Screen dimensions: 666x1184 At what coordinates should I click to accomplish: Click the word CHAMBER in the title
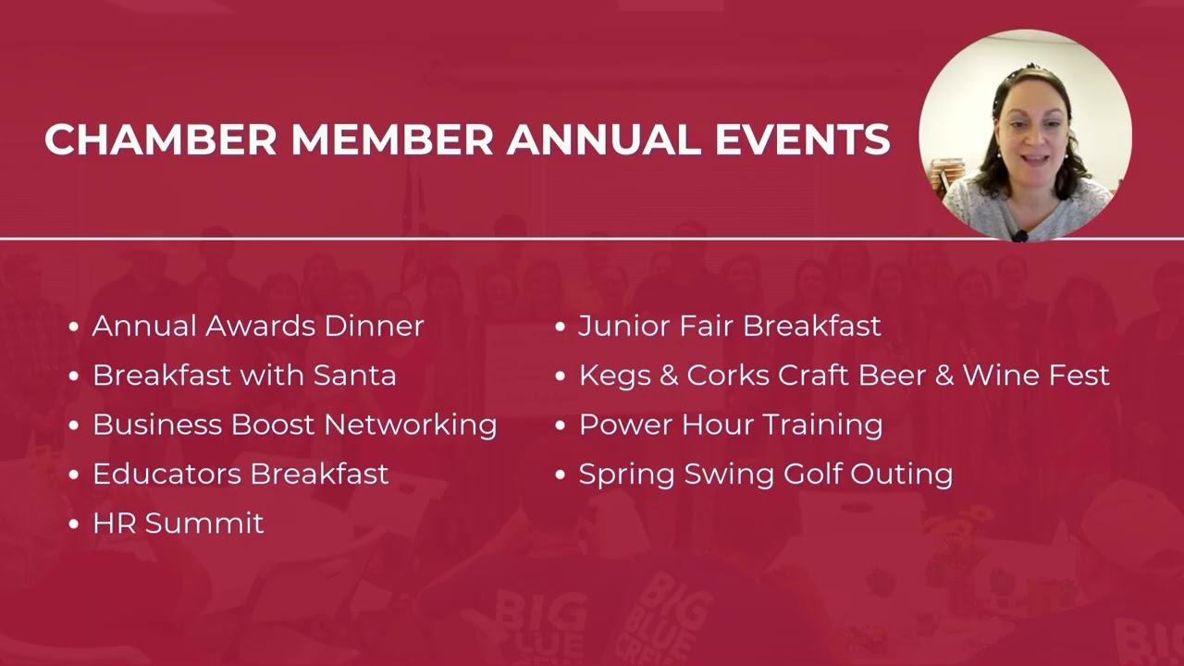pos(161,140)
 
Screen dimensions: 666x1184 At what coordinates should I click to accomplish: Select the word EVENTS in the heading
pos(802,140)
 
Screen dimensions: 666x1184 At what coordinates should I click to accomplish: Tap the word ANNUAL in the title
pos(604,140)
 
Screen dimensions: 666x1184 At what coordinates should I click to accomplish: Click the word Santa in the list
pos(354,376)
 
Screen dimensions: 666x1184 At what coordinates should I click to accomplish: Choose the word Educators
pos(166,474)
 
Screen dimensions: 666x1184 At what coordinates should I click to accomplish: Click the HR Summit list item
pos(178,524)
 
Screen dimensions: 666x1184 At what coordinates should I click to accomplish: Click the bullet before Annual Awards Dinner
pos(74,327)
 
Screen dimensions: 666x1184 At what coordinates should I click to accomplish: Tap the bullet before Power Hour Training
pos(560,425)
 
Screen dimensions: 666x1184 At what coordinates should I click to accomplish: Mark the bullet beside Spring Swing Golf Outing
pos(560,475)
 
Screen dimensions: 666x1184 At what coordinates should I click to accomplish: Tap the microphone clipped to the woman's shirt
pos(1019,236)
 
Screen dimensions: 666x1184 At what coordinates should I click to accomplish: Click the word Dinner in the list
pos(374,326)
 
